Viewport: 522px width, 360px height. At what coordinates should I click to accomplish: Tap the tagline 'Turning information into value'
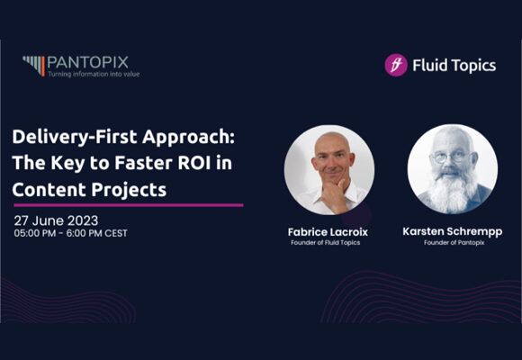point(94,75)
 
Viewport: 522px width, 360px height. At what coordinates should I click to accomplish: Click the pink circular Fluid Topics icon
point(396,65)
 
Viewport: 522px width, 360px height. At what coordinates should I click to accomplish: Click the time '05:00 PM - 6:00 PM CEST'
point(70,234)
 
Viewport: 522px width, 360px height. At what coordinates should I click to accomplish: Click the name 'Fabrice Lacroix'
point(328,231)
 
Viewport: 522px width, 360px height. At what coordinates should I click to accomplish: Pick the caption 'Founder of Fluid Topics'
point(328,243)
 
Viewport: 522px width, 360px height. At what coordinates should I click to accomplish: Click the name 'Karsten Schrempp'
point(452,231)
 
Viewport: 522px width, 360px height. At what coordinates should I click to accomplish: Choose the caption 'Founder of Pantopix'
point(452,243)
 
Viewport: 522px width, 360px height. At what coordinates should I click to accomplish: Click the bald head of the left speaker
point(330,142)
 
